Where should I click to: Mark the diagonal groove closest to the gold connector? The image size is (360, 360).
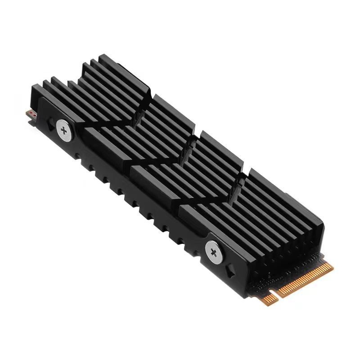coord(216,198)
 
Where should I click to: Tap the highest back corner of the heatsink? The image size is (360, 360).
coord(103,56)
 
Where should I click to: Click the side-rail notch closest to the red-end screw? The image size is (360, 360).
coord(80,157)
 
